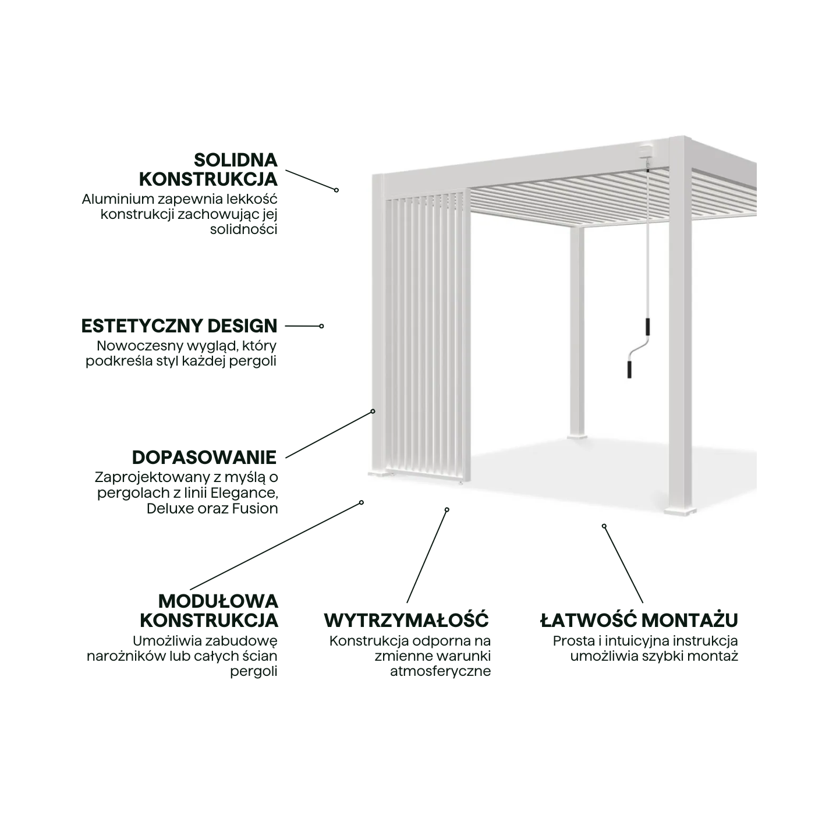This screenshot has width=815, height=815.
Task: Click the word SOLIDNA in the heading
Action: (235, 160)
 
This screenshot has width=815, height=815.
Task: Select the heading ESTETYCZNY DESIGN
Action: (179, 326)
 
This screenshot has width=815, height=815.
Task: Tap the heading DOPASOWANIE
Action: (204, 457)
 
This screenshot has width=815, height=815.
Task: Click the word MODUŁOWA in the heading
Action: (218, 601)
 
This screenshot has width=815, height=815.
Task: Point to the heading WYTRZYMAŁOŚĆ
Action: (406, 620)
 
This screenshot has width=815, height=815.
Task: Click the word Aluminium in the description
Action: (111, 199)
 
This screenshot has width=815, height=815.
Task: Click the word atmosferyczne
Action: (440, 671)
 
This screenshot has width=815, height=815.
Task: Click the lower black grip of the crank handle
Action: (629, 368)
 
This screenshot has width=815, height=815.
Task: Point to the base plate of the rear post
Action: (577, 435)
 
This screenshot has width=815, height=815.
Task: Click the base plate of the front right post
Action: (679, 512)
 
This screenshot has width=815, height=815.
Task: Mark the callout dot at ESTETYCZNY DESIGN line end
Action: (321, 326)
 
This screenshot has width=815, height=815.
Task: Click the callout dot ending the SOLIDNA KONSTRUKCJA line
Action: (336, 190)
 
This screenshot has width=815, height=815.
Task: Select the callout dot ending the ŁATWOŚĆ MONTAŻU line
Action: (604, 526)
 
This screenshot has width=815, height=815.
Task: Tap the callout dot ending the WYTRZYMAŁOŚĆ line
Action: (447, 509)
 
